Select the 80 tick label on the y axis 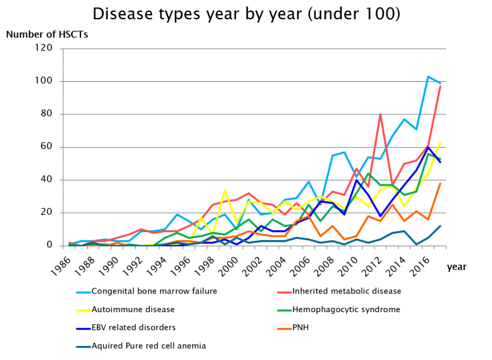(x=55, y=114)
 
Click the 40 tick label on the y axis (x=55, y=180)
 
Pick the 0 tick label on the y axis (x=57, y=246)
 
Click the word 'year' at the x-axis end (x=457, y=266)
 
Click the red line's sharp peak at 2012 (x=380, y=114)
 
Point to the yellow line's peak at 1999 (x=225, y=190)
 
